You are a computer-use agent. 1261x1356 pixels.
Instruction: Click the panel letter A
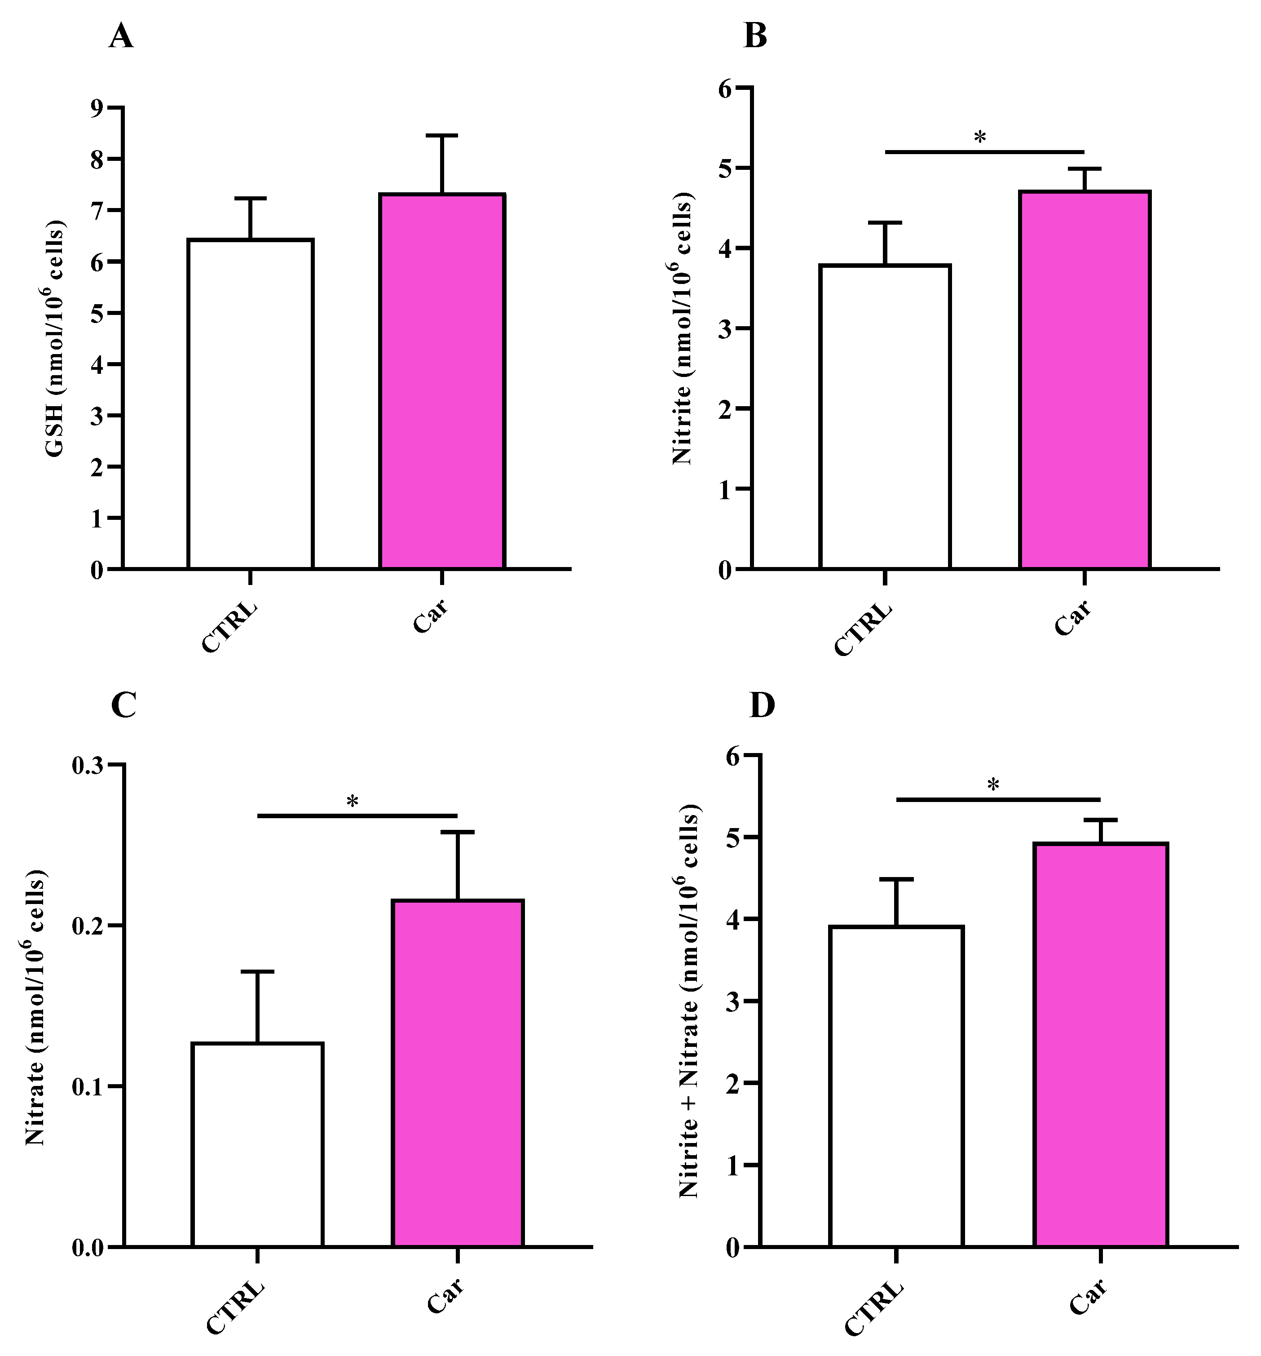(121, 36)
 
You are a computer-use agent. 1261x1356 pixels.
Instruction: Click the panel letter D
(762, 706)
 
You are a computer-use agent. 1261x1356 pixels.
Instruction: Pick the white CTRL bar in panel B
(885, 416)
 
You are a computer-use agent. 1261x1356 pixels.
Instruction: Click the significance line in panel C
(357, 815)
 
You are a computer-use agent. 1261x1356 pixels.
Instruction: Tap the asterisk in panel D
(993, 785)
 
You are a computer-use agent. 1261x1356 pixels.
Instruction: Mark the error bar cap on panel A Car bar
(442, 136)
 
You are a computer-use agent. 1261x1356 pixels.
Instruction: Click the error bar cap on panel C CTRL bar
(258, 971)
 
